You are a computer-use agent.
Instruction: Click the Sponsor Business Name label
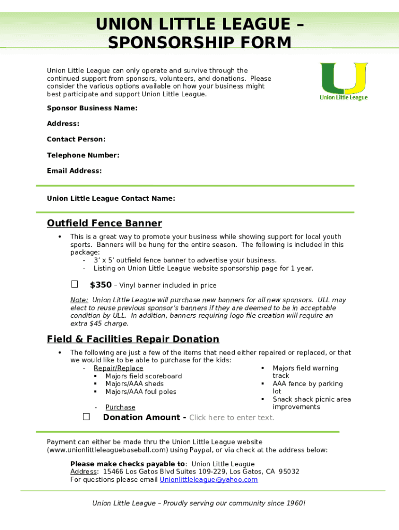(92, 108)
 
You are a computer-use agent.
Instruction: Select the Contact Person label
(76, 139)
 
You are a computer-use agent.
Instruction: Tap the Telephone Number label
(83, 155)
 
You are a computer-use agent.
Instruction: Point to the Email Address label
(74, 171)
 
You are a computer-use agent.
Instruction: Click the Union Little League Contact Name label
(111, 198)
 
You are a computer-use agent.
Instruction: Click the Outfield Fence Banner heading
(104, 223)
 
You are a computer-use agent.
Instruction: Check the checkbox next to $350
(75, 284)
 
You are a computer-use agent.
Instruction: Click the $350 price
(101, 285)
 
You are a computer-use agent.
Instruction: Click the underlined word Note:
(79, 300)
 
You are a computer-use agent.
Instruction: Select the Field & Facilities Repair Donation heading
(133, 339)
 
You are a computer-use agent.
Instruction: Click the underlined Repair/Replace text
(118, 369)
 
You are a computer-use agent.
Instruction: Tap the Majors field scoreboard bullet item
(144, 376)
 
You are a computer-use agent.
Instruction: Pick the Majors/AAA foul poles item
(140, 392)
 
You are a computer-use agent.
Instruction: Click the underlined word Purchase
(120, 407)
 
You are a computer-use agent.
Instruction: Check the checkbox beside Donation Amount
(86, 417)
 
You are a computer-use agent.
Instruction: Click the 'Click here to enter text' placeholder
(232, 418)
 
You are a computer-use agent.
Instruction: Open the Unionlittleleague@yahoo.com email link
(208, 480)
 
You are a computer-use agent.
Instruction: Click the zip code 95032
(289, 472)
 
